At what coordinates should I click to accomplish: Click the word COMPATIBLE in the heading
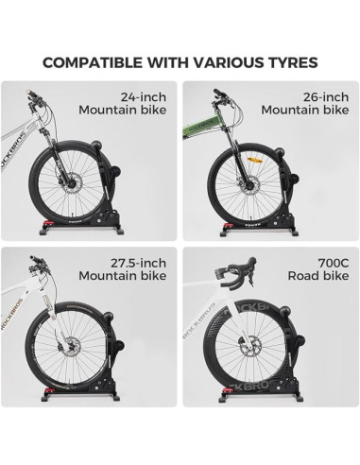point(93,62)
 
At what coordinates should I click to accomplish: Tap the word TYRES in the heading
point(290,62)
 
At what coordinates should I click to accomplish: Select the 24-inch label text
point(144,97)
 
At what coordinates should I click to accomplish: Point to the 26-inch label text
point(326,97)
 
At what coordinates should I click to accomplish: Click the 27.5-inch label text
point(138,263)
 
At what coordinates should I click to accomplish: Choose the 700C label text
point(334,263)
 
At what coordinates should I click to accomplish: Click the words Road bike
point(318,276)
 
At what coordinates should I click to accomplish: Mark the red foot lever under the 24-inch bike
point(44,225)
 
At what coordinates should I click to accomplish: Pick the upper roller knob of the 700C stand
point(285,312)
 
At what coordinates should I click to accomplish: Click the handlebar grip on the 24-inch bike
point(29,94)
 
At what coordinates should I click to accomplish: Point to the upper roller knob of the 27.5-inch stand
point(107,316)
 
